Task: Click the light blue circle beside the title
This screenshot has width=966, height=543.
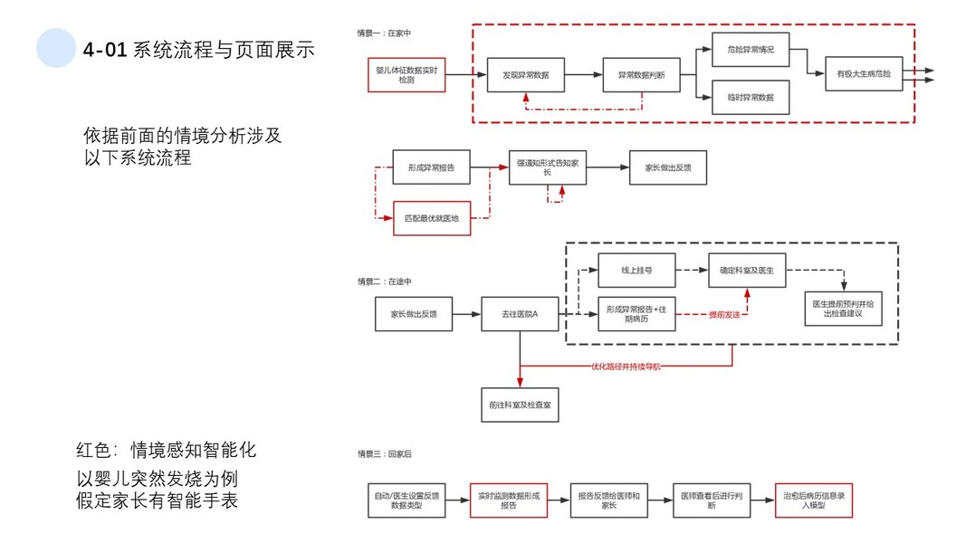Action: (x=56, y=48)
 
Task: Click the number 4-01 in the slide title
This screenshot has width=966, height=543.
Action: (x=103, y=51)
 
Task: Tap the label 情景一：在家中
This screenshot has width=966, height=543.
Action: (x=384, y=33)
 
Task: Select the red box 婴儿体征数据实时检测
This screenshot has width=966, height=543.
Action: (x=406, y=74)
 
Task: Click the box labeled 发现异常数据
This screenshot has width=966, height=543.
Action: (x=526, y=75)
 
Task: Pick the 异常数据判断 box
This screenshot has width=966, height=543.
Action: (x=641, y=75)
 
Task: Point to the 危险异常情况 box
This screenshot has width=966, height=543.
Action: (x=751, y=49)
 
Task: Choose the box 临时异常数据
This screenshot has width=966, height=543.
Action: (x=751, y=97)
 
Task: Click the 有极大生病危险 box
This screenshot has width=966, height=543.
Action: (x=864, y=74)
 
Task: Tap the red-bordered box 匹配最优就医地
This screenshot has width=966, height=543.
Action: (x=432, y=218)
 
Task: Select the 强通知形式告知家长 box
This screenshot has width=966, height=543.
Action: (x=553, y=167)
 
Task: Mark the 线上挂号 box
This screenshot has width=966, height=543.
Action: (x=636, y=270)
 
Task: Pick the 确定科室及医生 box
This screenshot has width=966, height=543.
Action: (x=747, y=270)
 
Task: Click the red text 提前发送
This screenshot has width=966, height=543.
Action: (x=722, y=313)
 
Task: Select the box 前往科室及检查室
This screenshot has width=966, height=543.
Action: (x=520, y=404)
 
